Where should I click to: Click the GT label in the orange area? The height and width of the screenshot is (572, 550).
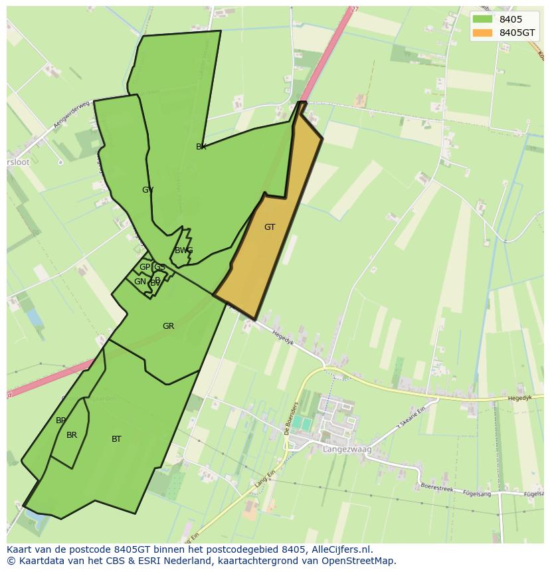(x=270, y=227)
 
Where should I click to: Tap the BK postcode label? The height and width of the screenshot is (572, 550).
(x=201, y=147)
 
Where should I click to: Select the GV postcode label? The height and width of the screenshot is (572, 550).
(x=147, y=190)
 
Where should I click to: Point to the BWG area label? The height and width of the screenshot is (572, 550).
(x=183, y=250)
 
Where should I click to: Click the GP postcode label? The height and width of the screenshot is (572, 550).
(x=144, y=267)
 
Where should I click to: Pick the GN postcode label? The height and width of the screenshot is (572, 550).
(x=140, y=282)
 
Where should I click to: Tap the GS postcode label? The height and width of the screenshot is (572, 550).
(x=159, y=267)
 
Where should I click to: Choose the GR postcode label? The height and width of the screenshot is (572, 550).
(x=168, y=326)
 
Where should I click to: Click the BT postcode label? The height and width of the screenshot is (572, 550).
(x=116, y=439)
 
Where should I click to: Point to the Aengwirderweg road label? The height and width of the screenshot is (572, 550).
(x=72, y=114)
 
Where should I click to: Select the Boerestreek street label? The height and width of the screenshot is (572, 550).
(x=438, y=486)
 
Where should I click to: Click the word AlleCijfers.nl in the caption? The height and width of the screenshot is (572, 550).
(x=341, y=549)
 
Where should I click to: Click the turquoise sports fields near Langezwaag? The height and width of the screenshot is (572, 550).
(x=302, y=423)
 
